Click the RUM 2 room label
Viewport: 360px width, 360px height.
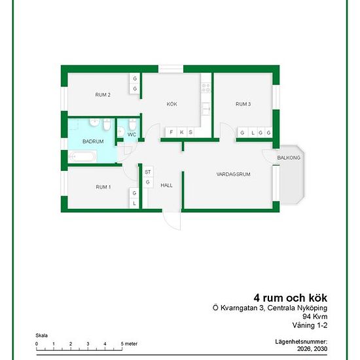(103, 95)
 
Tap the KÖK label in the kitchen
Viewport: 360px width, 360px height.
(171, 104)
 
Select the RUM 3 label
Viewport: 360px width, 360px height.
(243, 104)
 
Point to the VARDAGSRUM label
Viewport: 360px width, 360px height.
(233, 174)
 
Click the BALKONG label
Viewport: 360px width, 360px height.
(289, 158)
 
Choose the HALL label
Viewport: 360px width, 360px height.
(166, 185)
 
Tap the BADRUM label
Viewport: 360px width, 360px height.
(93, 141)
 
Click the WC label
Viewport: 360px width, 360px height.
(132, 134)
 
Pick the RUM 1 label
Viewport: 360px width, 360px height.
(103, 187)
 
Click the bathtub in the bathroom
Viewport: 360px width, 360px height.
(82, 157)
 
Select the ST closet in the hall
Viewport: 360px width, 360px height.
(148, 172)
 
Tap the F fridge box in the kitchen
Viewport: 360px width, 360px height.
(171, 132)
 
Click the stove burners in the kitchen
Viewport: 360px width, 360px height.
(206, 88)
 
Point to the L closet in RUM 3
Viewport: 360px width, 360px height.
(253, 133)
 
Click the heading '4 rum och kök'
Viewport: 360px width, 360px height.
(290, 298)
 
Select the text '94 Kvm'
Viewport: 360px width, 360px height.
(315, 316)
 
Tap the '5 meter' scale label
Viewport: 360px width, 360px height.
(129, 344)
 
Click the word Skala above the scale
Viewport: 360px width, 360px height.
(41, 335)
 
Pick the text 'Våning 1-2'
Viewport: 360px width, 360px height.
(310, 325)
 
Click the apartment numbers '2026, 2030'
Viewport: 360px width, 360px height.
(312, 349)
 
